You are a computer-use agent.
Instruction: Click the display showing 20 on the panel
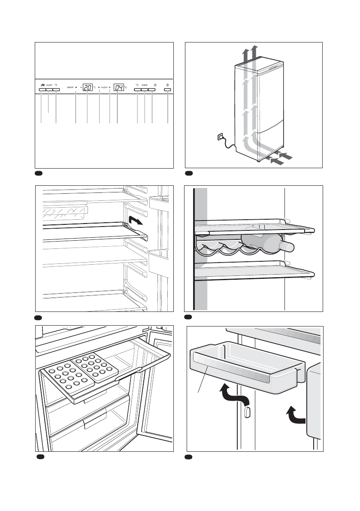[x=88, y=87]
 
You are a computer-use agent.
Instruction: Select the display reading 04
[x=118, y=87]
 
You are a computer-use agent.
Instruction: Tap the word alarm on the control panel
[x=71, y=88]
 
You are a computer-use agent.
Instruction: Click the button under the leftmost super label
[x=49, y=90]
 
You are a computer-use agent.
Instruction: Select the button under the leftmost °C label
[x=56, y=90]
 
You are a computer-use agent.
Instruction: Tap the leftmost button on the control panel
[x=42, y=90]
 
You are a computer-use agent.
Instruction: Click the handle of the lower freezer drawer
[x=97, y=422]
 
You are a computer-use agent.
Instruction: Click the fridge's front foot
[x=258, y=161]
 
